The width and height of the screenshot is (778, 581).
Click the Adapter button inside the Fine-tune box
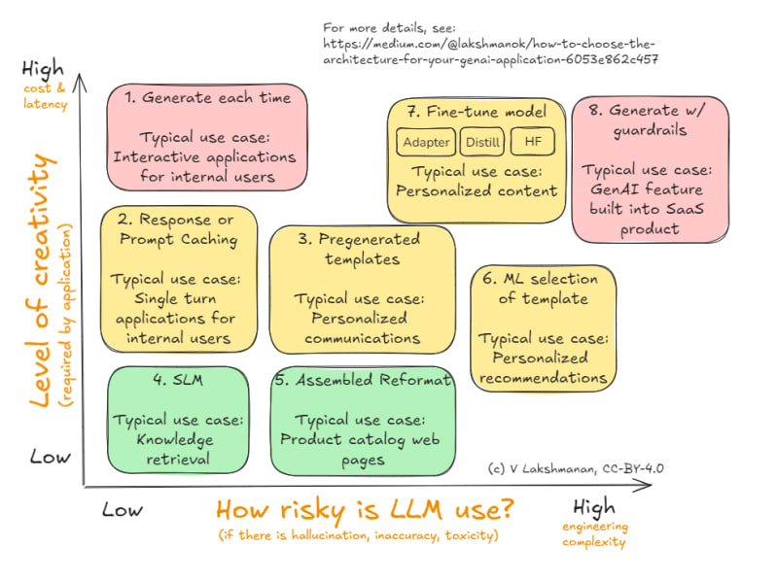tap(426, 143)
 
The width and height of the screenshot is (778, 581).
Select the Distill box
tap(482, 143)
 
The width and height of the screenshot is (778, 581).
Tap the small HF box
tap(532, 143)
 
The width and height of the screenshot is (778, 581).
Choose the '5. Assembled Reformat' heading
tap(364, 380)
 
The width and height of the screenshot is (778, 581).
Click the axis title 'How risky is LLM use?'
tap(365, 509)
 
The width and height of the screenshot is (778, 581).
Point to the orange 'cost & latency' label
tap(46, 96)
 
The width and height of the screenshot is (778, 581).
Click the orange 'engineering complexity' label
tap(595, 534)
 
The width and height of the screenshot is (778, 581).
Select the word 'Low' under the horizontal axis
tap(123, 509)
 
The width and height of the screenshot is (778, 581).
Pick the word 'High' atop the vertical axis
tap(43, 70)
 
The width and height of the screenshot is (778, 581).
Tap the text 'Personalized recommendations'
tap(545, 367)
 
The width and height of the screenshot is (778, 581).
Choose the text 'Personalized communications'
tap(362, 328)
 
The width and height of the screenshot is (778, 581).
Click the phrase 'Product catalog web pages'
tap(361, 449)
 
